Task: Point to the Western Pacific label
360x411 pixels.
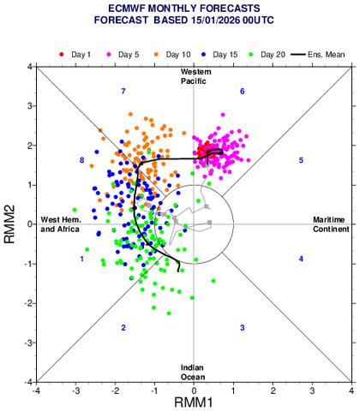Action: (x=195, y=75)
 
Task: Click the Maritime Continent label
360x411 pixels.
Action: (x=328, y=224)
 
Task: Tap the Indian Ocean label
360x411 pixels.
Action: (x=194, y=372)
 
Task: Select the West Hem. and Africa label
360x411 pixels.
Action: (x=61, y=224)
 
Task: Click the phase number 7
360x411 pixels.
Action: (x=123, y=91)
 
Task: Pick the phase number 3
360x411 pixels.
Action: (x=243, y=328)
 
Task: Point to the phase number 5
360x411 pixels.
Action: (x=301, y=160)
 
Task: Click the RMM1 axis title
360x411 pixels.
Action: (x=194, y=402)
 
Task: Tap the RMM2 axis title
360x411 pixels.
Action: (x=10, y=224)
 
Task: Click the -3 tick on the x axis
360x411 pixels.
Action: (x=75, y=390)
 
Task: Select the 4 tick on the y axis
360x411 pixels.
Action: (x=27, y=67)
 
